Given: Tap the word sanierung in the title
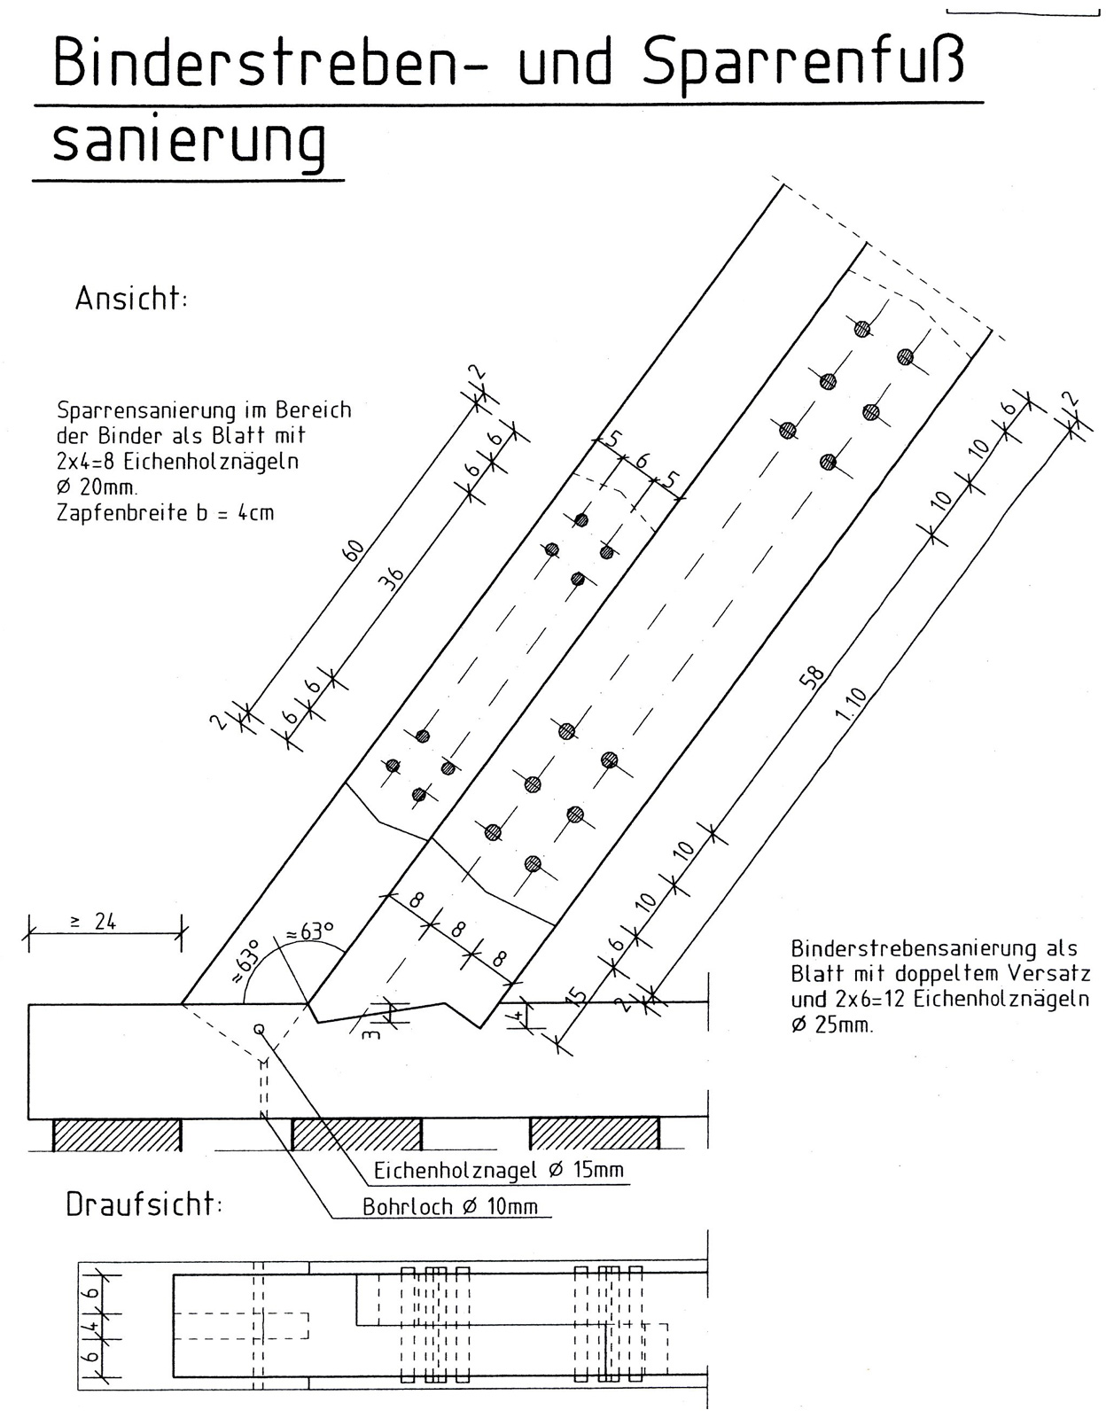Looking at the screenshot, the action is coord(189,144).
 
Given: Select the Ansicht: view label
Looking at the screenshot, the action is coord(131,299).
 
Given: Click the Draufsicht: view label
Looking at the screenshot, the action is coord(144,1204).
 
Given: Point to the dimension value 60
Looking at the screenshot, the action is coord(354,550).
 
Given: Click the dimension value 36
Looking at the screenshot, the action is coord(392,578).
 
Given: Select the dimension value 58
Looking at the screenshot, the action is coord(812,677).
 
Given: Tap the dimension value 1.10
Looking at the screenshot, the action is coord(851,704).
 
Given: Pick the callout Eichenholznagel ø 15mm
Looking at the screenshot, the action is coord(498,1170).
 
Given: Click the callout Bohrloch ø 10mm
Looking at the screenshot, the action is coord(450,1206).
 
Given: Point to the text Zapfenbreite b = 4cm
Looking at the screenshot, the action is coord(165,513).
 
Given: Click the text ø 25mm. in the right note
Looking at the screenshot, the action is coord(831,1025).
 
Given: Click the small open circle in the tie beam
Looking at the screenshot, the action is coord(259,1029).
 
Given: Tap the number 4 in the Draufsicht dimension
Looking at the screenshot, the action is coord(93,1325).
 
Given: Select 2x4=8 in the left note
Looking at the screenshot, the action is coord(85,462).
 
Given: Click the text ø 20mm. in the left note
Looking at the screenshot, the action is coord(97,487).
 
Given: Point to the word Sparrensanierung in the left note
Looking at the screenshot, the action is coord(145,409).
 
